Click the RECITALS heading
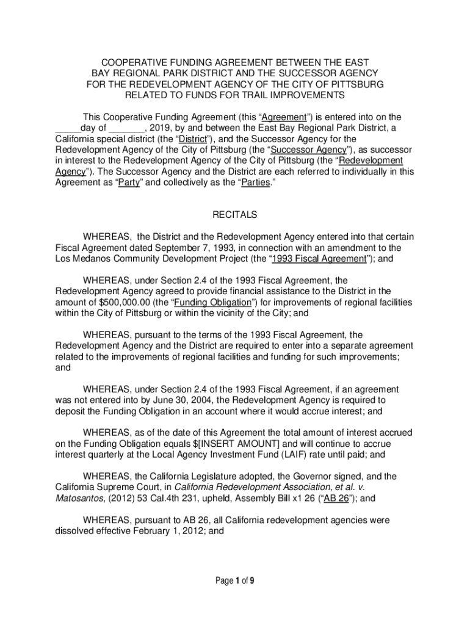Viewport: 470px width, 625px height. click(234, 215)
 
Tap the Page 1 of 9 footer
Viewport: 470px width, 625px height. click(235, 581)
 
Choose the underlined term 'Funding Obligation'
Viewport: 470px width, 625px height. click(209, 303)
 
